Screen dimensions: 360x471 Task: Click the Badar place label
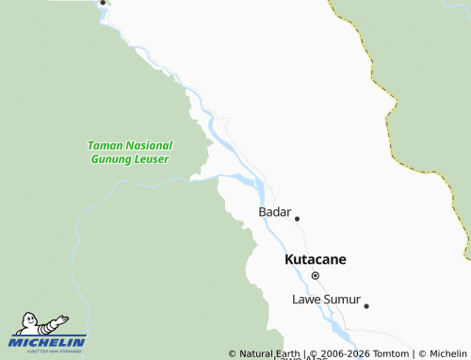(275, 212)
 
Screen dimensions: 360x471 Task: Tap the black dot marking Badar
(297, 219)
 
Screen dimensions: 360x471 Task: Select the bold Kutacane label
(316, 258)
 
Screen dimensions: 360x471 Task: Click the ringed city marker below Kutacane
(316, 275)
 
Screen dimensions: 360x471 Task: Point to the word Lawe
(307, 300)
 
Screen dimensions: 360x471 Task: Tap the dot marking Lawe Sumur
(366, 305)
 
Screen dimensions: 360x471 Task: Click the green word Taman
(104, 146)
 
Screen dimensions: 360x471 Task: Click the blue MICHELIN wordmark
(48, 341)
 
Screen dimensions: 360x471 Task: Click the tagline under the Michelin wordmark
(48, 351)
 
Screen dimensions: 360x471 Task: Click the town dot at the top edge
(103, 3)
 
